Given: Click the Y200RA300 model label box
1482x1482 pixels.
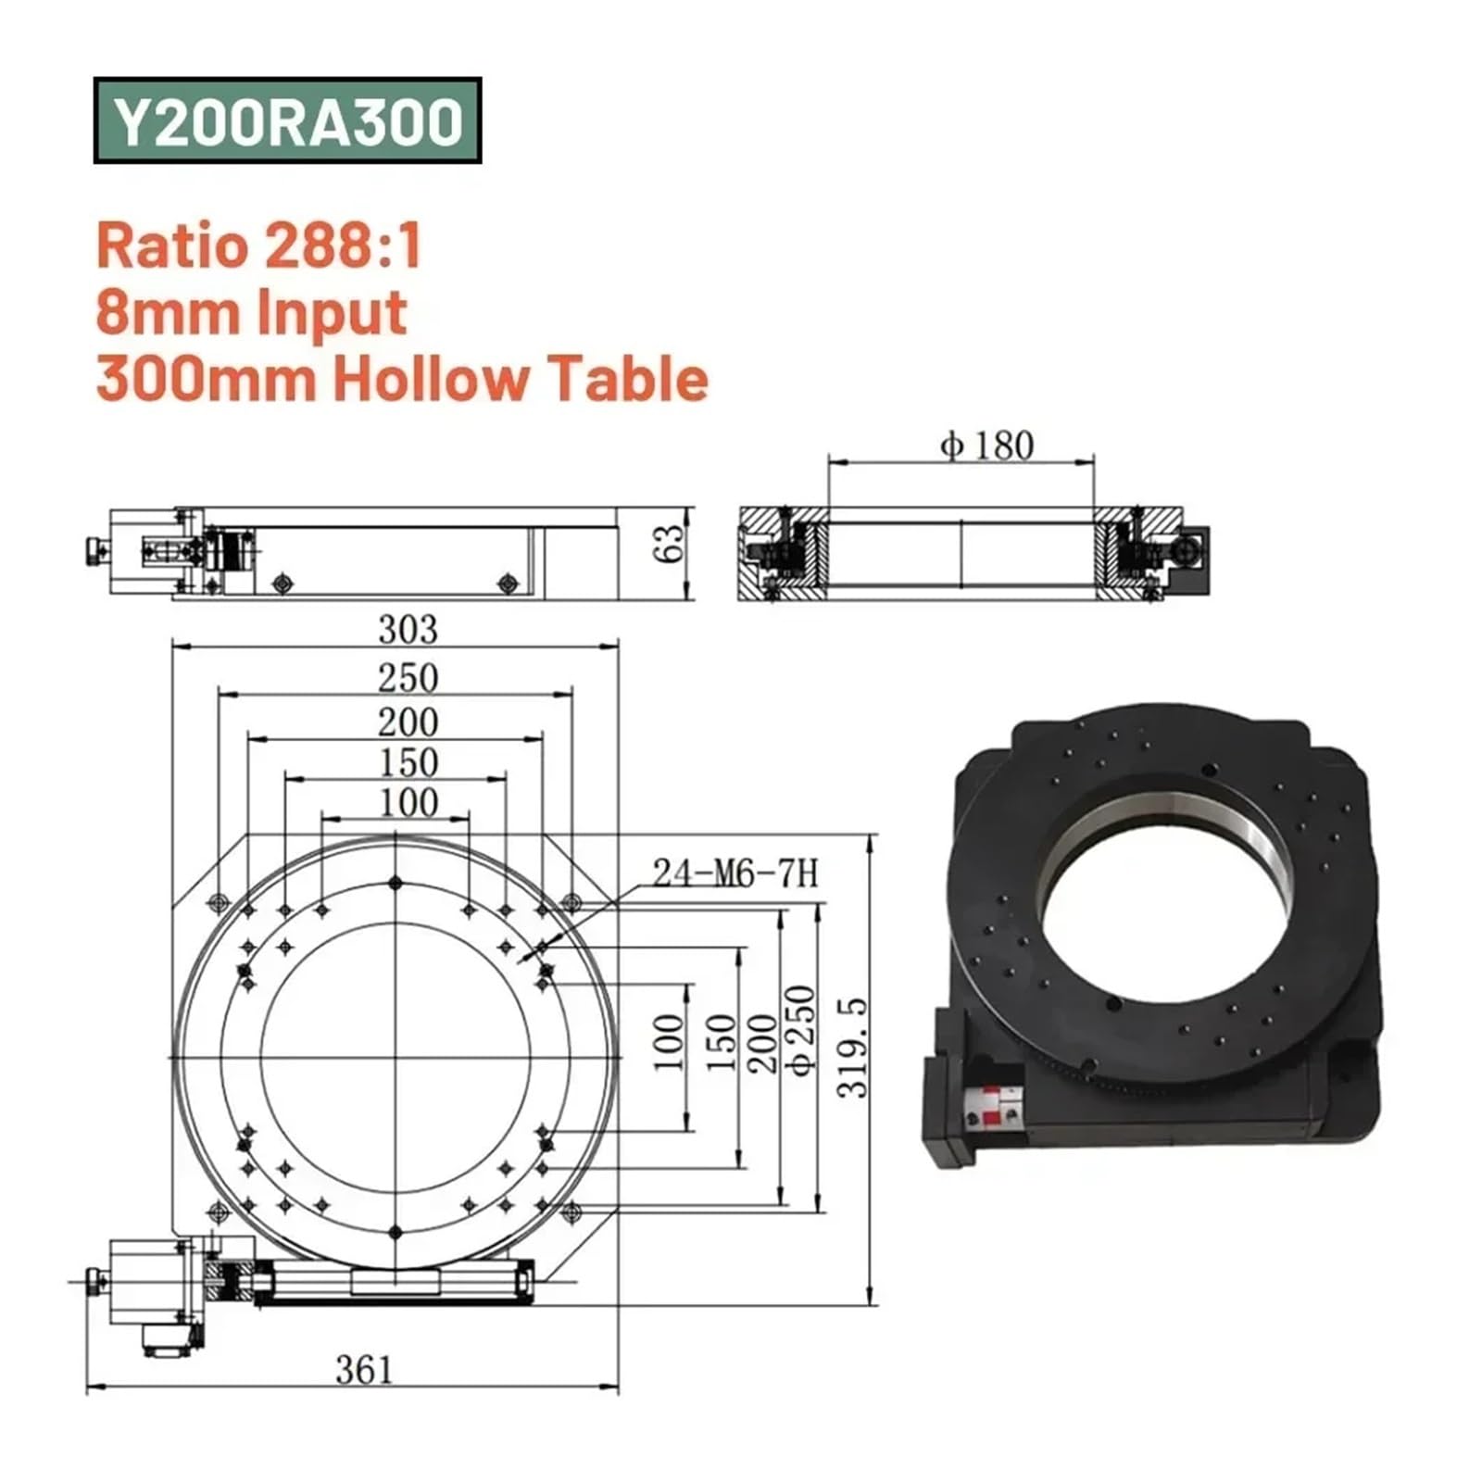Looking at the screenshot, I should (x=287, y=121).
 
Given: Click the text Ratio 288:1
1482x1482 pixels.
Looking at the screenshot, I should (x=259, y=246).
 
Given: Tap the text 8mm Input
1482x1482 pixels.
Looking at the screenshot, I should (x=251, y=312).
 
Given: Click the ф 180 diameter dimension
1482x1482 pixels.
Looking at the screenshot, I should (x=987, y=446).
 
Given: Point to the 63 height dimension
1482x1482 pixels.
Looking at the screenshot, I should (x=668, y=544).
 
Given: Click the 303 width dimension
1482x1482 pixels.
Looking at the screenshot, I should (x=408, y=630).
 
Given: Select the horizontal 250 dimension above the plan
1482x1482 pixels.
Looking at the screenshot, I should (x=408, y=678).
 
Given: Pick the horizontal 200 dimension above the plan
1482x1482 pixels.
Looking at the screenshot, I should (x=408, y=722).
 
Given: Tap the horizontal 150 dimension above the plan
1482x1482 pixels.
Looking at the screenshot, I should (x=408, y=762).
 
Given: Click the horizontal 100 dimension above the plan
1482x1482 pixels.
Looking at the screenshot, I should (x=408, y=802).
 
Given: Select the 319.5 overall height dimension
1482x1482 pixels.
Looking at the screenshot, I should (x=853, y=1047).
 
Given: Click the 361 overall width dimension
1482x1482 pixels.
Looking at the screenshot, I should (x=364, y=1370).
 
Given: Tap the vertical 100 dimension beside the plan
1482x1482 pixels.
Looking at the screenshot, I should (x=669, y=1042).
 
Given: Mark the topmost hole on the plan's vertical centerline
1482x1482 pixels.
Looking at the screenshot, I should (x=396, y=883).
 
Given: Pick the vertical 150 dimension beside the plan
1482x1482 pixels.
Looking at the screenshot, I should (x=721, y=1042).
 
